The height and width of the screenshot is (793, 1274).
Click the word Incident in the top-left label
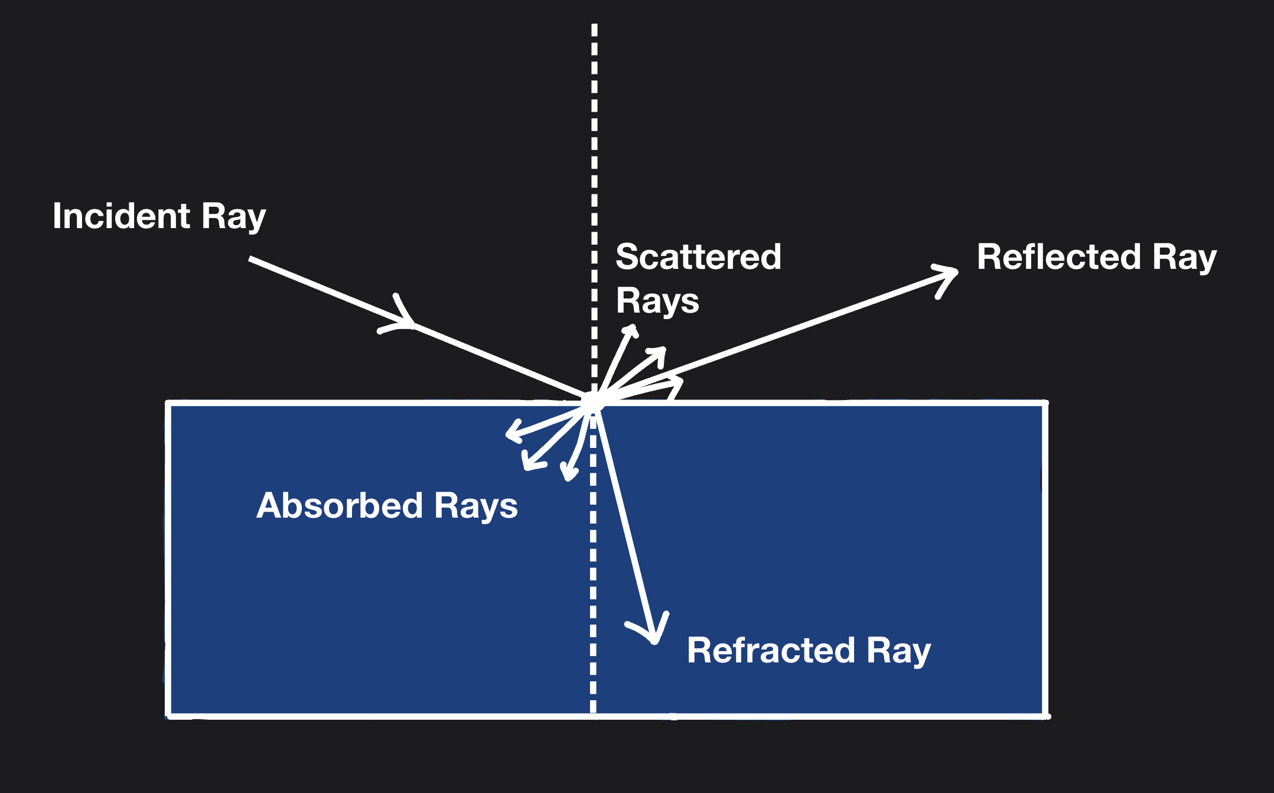[x=121, y=216]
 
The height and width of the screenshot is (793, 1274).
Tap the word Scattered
[x=698, y=257]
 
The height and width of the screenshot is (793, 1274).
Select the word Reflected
[x=1058, y=257]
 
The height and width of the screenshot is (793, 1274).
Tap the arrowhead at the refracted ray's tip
[x=653, y=636]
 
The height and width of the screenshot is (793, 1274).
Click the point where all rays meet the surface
[x=592, y=402]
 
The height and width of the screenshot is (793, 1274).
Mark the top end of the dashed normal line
[x=594, y=27]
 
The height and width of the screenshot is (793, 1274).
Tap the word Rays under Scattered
[x=657, y=301]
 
